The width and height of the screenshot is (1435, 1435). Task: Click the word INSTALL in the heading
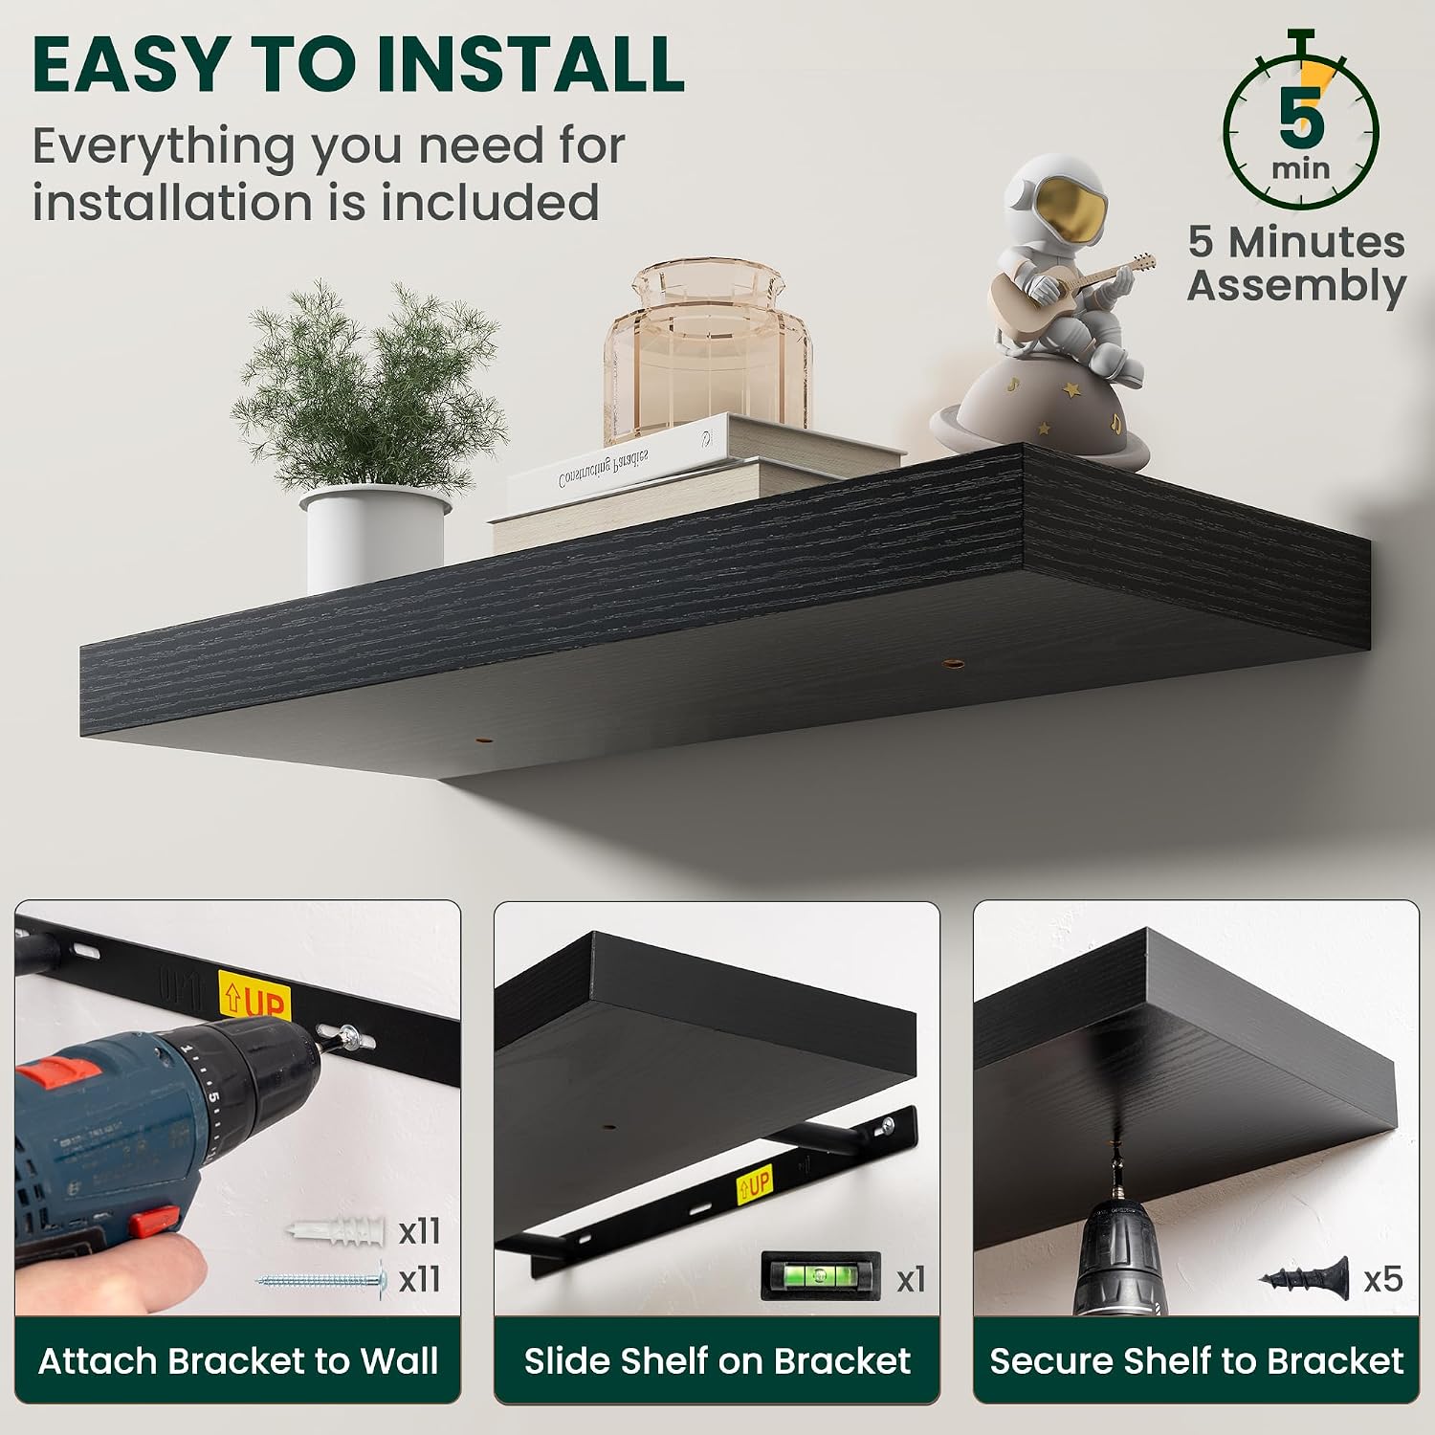click(530, 63)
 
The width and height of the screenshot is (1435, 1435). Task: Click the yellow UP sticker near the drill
click(254, 999)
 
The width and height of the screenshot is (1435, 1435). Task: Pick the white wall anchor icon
click(336, 1230)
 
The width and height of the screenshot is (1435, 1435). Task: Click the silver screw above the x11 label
click(321, 1278)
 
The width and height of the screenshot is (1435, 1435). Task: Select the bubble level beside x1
click(820, 1276)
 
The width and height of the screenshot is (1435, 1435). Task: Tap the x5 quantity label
click(1382, 1279)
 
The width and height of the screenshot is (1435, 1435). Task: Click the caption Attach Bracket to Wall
click(238, 1360)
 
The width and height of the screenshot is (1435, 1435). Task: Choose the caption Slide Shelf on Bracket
click(717, 1360)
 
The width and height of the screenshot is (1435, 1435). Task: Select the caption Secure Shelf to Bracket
click(1196, 1360)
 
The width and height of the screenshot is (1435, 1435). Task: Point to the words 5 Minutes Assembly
click(1297, 264)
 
